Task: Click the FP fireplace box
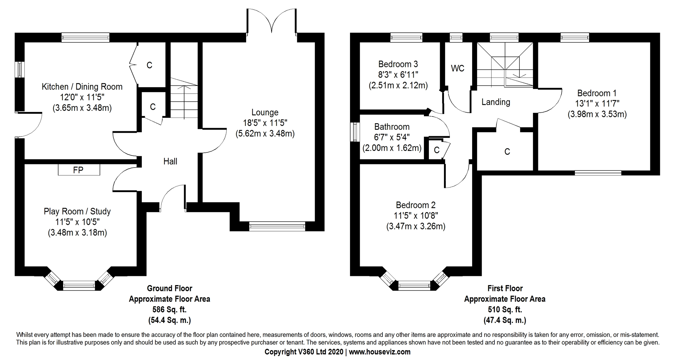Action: [x=79, y=170]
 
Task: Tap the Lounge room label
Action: [x=265, y=112]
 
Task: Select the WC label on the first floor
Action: [x=457, y=68]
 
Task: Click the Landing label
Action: [x=495, y=102]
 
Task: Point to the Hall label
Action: [x=170, y=162]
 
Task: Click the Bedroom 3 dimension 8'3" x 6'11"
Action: [x=398, y=75]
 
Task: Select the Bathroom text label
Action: [x=392, y=127]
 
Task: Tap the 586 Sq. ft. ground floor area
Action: [x=169, y=310]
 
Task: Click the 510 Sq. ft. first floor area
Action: [x=505, y=310]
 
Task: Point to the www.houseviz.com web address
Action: [x=380, y=352]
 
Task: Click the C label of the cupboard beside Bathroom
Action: [x=437, y=150]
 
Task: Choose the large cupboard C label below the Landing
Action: [x=507, y=152]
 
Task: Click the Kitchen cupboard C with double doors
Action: [x=149, y=65]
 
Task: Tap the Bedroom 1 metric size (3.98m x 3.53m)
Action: [x=597, y=114]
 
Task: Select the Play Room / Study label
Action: [x=77, y=211]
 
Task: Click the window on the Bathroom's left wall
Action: [x=355, y=132]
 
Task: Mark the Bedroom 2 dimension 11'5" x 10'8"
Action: [x=415, y=215]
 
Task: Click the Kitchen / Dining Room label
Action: [x=82, y=87]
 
